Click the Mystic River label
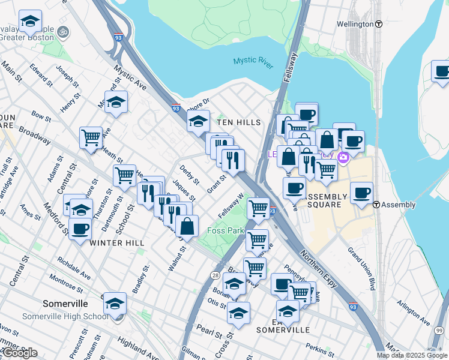click(253, 61)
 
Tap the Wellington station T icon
click(379, 24)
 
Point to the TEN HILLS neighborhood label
click(239, 122)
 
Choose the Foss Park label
click(224, 230)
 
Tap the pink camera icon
click(343, 158)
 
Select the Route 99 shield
click(439, 331)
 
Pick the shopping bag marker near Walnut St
click(187, 226)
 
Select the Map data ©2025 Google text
click(412, 355)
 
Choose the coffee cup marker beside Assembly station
click(361, 193)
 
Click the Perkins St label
click(319, 347)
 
